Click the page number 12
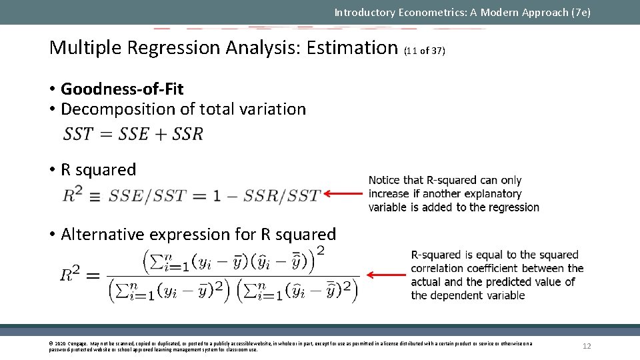click(x=587, y=346)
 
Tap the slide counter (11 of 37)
click(x=425, y=51)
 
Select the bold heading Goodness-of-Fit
click(x=122, y=89)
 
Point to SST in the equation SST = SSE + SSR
click(x=78, y=134)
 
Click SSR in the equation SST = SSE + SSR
click(x=187, y=134)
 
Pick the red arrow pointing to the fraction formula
click(x=387, y=275)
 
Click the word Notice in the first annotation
click(x=385, y=180)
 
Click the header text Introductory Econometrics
click(x=400, y=12)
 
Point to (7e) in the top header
click(x=580, y=12)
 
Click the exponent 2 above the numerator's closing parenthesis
click(x=321, y=251)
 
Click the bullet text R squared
click(x=98, y=169)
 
